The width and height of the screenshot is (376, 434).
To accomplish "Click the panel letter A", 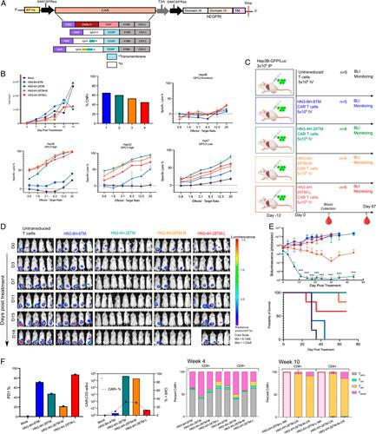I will coord(5,4).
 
